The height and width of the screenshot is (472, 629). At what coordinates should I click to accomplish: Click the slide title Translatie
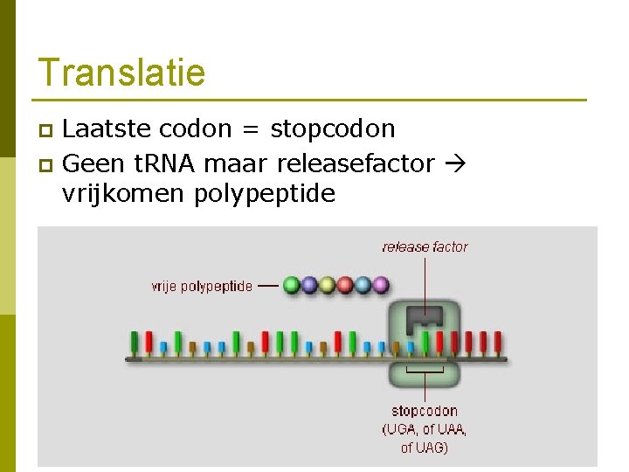121,73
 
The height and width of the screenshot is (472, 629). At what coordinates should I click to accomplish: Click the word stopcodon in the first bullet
333,129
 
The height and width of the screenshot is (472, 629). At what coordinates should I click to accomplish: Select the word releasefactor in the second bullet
355,163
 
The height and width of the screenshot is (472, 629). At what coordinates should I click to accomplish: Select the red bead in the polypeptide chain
345,285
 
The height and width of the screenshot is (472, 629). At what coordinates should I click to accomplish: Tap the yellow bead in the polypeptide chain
327,285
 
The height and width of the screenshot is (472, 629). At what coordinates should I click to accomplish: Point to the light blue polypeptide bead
363,285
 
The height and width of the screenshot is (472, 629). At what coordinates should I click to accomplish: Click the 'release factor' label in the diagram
425,247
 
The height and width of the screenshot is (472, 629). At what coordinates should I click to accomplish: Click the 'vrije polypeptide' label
202,286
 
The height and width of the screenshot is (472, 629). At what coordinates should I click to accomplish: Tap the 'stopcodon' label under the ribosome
425,411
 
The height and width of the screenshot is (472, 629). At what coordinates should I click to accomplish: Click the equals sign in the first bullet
250,129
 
